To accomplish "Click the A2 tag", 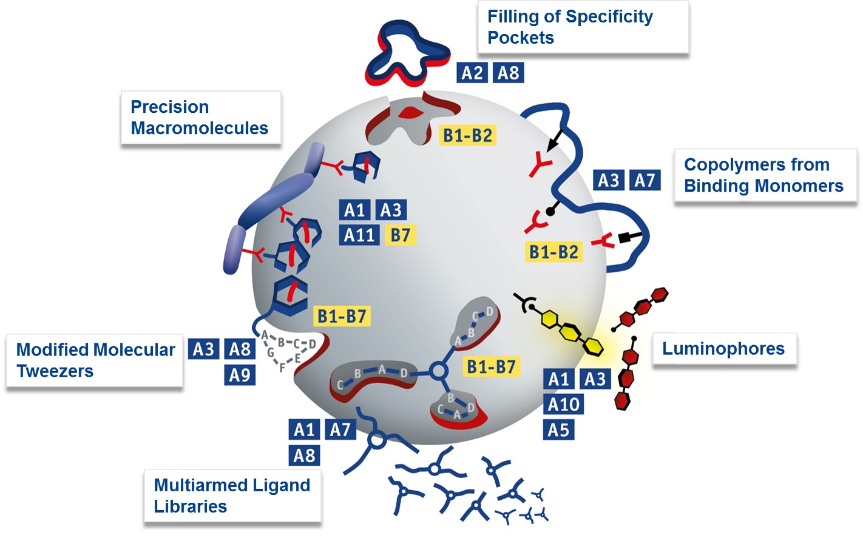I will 472,73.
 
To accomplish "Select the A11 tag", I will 359,235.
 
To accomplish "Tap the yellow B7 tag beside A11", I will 401,235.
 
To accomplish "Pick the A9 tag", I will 240,375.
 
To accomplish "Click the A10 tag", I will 564,405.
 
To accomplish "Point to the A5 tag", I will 558,430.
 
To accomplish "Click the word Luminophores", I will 723,349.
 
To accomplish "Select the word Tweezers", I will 55,371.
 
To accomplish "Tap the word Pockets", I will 521,38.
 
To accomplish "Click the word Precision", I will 170,107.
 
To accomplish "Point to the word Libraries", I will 190,506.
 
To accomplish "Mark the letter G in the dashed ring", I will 271,352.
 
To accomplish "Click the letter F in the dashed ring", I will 282,368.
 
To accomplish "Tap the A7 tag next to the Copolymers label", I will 645,180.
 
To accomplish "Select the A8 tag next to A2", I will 508,73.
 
